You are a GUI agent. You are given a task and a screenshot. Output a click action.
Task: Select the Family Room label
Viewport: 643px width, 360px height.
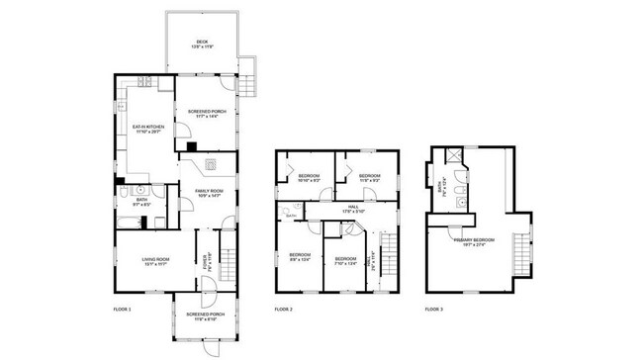click(208, 192)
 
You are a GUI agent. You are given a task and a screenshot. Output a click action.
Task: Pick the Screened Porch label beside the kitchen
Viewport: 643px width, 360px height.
click(207, 114)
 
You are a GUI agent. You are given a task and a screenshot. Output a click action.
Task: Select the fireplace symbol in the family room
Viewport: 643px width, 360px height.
click(211, 164)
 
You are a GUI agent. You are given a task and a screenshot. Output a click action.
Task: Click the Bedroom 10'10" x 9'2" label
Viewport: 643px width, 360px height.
click(309, 178)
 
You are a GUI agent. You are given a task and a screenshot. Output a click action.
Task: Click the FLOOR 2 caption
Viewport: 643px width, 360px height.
click(283, 310)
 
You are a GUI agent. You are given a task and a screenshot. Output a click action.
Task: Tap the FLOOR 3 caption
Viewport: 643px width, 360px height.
click(434, 310)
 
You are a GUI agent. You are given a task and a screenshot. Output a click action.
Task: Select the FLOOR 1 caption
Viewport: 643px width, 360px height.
click(122, 310)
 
